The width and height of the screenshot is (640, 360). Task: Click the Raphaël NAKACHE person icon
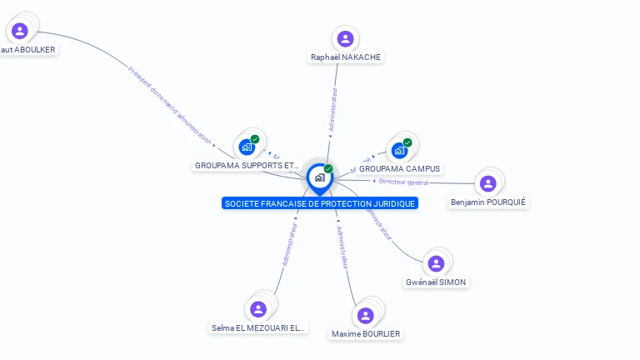[x=345, y=39]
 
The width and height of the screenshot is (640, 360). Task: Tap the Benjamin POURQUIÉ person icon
[x=488, y=183]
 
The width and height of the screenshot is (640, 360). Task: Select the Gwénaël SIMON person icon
[x=436, y=263]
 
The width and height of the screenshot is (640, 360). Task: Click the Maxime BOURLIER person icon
[x=365, y=315]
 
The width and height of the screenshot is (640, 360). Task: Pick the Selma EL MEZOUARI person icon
[x=258, y=309]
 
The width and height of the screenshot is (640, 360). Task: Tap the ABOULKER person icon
[x=20, y=31]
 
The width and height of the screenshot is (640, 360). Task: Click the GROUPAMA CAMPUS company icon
[x=399, y=150]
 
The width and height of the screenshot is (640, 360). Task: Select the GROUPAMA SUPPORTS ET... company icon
[x=247, y=147]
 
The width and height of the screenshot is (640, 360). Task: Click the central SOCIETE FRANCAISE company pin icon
[x=319, y=177]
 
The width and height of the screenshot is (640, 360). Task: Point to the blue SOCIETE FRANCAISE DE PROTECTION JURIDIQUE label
[x=320, y=203]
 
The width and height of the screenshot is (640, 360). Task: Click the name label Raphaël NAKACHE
[x=346, y=57]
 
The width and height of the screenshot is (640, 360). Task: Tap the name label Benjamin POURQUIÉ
[x=489, y=202]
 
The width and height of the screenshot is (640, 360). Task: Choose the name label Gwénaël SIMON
[x=436, y=282]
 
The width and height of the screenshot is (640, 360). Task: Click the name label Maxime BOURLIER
[x=366, y=334]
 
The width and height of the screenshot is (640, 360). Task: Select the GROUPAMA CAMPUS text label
[x=400, y=169]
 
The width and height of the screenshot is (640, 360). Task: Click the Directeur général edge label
[x=403, y=182]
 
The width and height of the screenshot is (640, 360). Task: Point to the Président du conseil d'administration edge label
[x=170, y=105]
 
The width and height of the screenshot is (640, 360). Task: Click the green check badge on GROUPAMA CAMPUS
[x=407, y=142]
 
